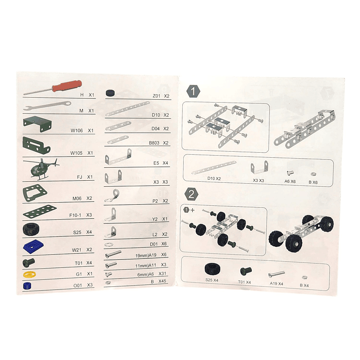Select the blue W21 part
pyautogui.click(x=35, y=247)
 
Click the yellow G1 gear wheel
pyautogui.click(x=29, y=274)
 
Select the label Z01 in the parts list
pyautogui.click(x=157, y=96)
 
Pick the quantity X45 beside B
pyautogui.click(x=162, y=282)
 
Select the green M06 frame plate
pyautogui.click(x=34, y=193)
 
